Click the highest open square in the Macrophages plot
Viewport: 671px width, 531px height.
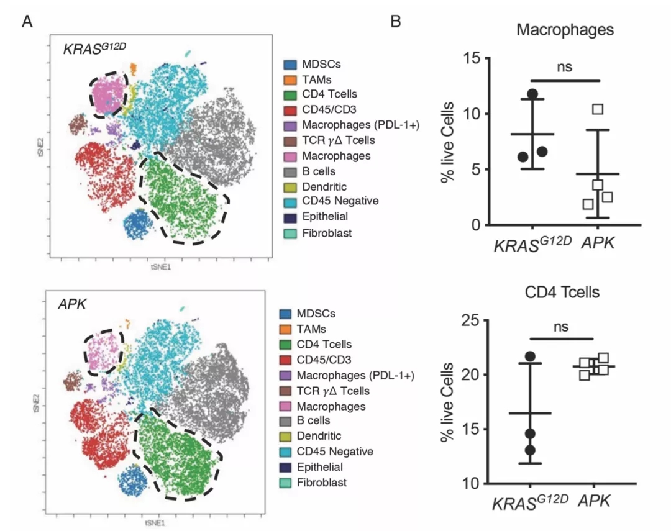pos(598,109)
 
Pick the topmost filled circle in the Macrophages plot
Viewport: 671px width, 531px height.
pos(532,94)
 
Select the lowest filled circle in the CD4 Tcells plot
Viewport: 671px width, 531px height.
pos(529,450)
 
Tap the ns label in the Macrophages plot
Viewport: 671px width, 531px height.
pos(564,66)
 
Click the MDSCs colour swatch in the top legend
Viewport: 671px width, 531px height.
pos(290,64)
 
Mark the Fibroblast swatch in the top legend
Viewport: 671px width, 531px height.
pos(290,233)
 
